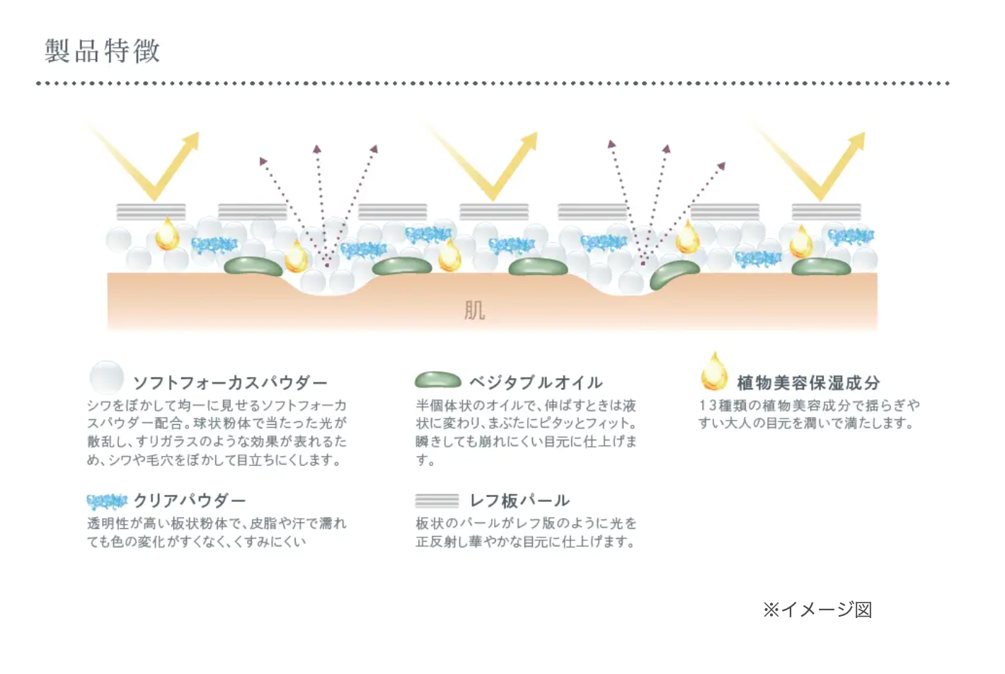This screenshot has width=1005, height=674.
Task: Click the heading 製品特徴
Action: [x=103, y=51]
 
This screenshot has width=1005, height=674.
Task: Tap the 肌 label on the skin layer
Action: [x=474, y=310]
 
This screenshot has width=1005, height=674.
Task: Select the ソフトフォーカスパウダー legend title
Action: [x=230, y=383]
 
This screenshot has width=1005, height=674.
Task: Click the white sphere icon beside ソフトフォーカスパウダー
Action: [x=107, y=377]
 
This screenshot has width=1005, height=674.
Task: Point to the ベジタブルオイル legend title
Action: [x=536, y=383]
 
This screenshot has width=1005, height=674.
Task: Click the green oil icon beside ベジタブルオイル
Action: [x=437, y=380]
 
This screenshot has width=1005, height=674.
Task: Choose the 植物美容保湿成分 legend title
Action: [x=808, y=383]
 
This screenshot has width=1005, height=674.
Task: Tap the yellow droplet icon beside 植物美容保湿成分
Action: [x=714, y=372]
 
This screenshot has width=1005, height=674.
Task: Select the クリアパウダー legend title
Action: [x=190, y=501]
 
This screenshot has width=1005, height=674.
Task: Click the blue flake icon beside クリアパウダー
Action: [x=107, y=501]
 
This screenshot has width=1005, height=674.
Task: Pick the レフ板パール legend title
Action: [x=519, y=501]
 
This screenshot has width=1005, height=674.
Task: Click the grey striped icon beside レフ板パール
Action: [x=437, y=501]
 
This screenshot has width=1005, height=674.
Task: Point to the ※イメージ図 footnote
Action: [x=817, y=610]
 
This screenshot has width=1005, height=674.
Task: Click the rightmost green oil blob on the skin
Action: [x=821, y=267]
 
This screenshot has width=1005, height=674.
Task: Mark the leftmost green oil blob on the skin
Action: [x=253, y=266]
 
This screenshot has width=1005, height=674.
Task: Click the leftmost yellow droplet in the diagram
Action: [x=168, y=235]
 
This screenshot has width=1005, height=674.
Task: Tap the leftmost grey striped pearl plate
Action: [x=151, y=212]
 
